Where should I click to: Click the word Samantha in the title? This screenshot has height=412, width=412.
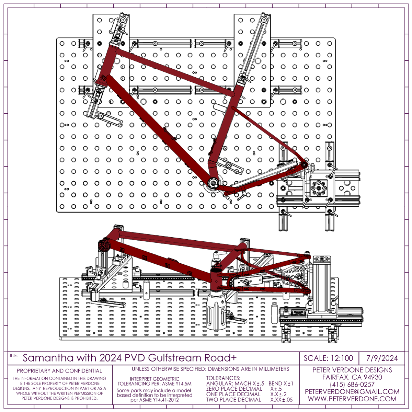pyautogui.click(x=48, y=358)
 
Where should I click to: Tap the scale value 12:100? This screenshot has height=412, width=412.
pyautogui.click(x=342, y=358)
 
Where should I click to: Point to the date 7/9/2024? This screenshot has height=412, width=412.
pyautogui.click(x=382, y=358)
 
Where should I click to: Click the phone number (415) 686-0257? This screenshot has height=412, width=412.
pyautogui.click(x=352, y=385)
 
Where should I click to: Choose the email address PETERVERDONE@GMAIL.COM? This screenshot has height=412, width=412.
pyautogui.click(x=352, y=392)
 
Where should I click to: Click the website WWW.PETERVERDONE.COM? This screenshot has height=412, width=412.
pyautogui.click(x=352, y=399)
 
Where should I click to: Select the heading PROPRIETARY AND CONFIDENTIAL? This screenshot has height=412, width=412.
pyautogui.click(x=59, y=371)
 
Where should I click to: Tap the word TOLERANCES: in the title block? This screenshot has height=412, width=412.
pyautogui.click(x=223, y=378)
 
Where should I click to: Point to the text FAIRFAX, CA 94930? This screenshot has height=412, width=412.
pyautogui.click(x=352, y=377)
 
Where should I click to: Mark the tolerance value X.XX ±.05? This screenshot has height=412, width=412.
pyautogui.click(x=282, y=400)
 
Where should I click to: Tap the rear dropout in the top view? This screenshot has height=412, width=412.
pyautogui.click(x=305, y=165)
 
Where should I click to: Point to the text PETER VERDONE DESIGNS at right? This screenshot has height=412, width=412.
pyautogui.click(x=352, y=370)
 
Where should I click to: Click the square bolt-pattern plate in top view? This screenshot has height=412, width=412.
pyautogui.click(x=319, y=188)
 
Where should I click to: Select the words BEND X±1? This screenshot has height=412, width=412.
pyautogui.click(x=281, y=384)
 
